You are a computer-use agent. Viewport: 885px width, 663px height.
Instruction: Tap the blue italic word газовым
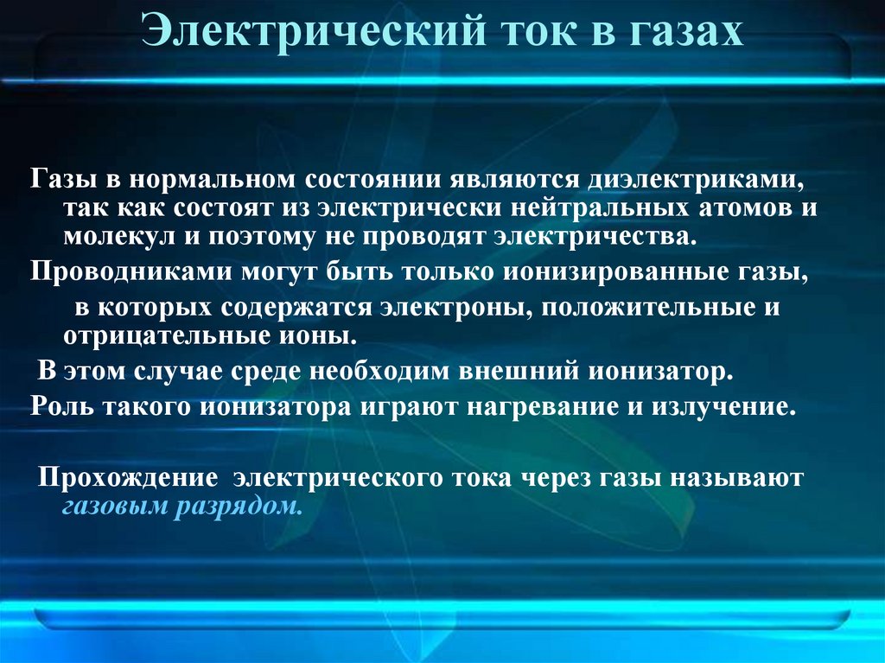click(113, 506)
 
